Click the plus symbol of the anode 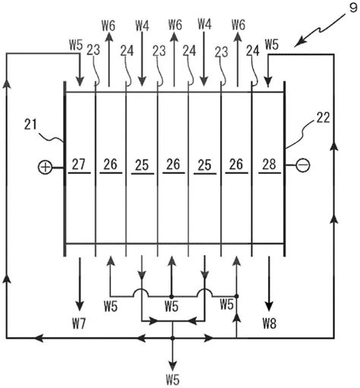point(45,168)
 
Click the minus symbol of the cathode point(303,166)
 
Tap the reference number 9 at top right point(353,8)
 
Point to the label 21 point(30,125)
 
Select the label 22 point(323,118)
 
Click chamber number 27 point(79,164)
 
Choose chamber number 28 point(269,164)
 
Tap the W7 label point(79,323)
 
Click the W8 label point(270,323)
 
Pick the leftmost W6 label point(109,26)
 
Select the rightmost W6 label point(238,25)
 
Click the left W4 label point(142,26)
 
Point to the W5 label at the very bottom point(173,380)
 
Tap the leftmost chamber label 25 point(142,166)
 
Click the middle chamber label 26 point(173,165)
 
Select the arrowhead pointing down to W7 point(80,305)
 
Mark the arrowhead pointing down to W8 point(269,305)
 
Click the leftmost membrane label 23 point(93,50)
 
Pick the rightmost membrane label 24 point(253,51)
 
